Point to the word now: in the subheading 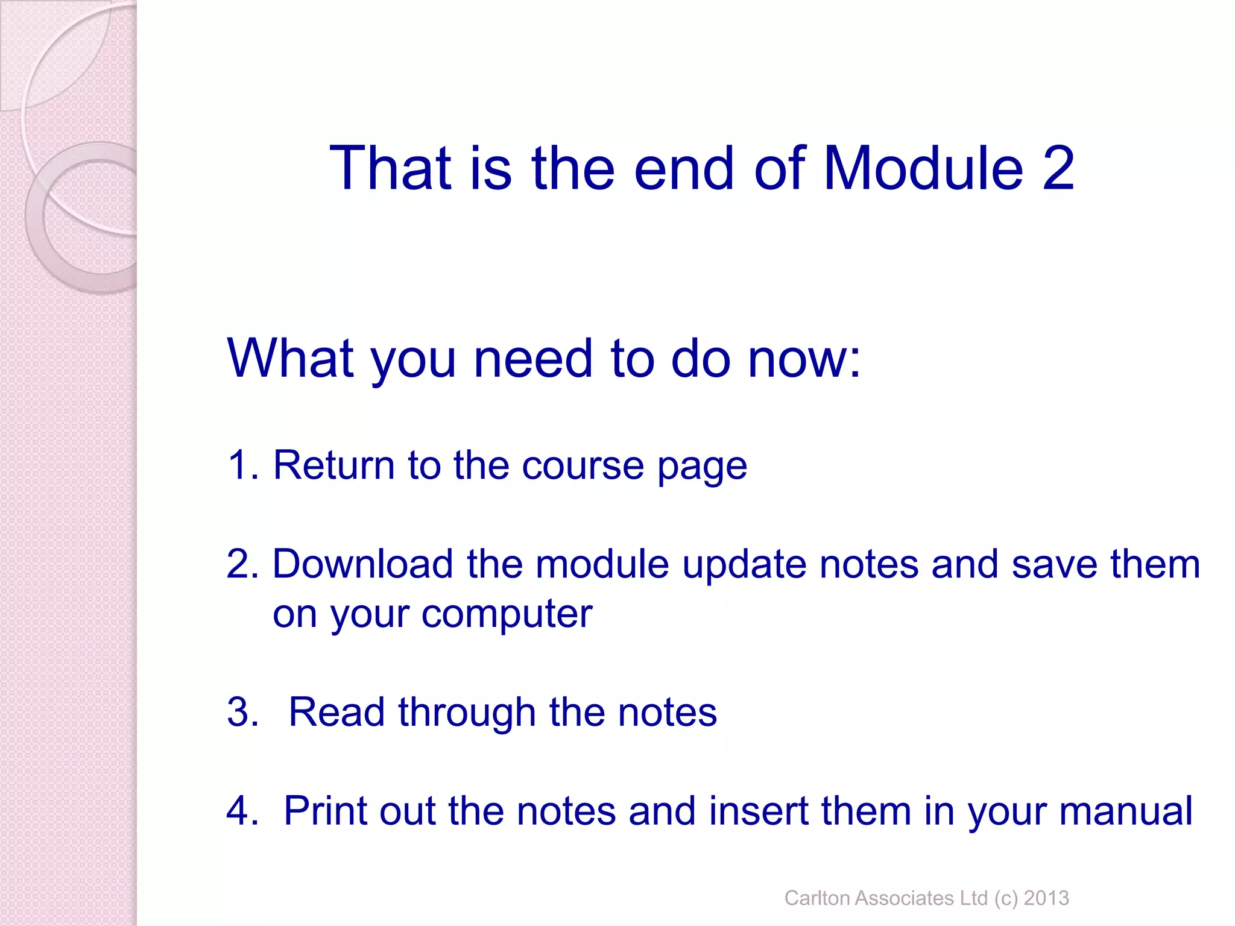(804, 359)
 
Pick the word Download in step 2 (362, 564)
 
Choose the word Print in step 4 (325, 811)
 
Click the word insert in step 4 (758, 811)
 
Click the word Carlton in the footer (816, 898)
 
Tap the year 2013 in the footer (1046, 898)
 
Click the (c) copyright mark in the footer (1006, 898)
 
